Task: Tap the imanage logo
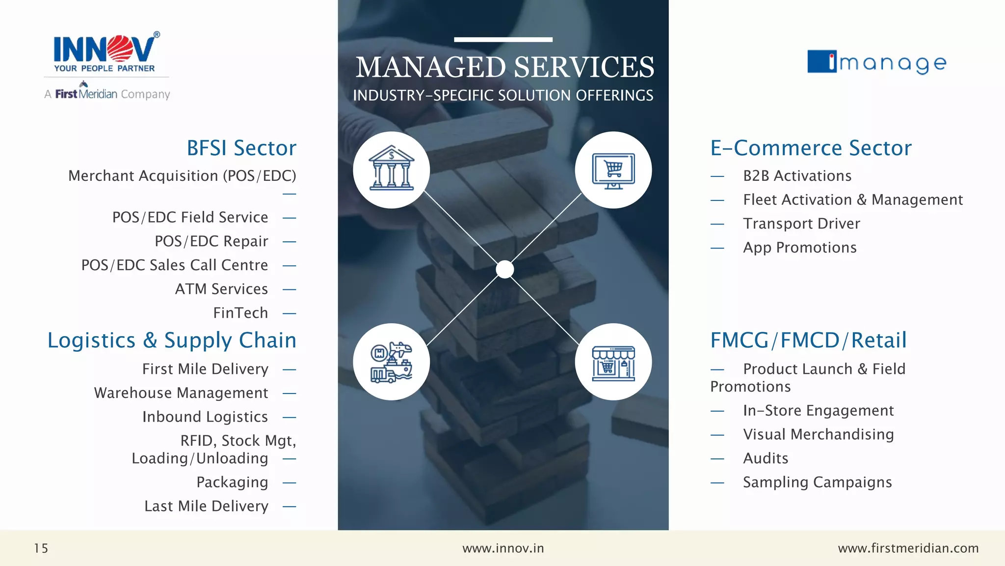coord(877,62)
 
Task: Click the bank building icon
coord(392,170)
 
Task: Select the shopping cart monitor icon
coord(613,170)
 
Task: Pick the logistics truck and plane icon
coord(392,362)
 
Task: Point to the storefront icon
coord(613,362)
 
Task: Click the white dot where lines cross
coord(504,269)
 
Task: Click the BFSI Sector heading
coord(241,148)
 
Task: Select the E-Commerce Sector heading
coord(811,148)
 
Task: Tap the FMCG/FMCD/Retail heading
coord(808,340)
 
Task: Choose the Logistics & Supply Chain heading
coord(172,340)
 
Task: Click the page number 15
coord(41,548)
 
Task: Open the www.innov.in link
coord(503,548)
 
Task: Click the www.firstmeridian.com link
coord(908,548)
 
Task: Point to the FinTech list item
coord(240,313)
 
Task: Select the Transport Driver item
coord(801,224)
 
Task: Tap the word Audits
coord(766,458)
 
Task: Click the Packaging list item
coord(232,482)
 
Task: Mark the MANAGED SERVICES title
coord(504,67)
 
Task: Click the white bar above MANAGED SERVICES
coord(503,39)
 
